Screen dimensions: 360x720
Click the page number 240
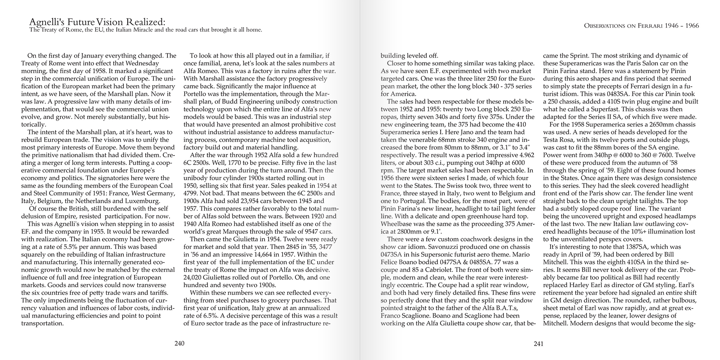coord(179,344)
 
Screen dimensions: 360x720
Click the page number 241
coord(538,344)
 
